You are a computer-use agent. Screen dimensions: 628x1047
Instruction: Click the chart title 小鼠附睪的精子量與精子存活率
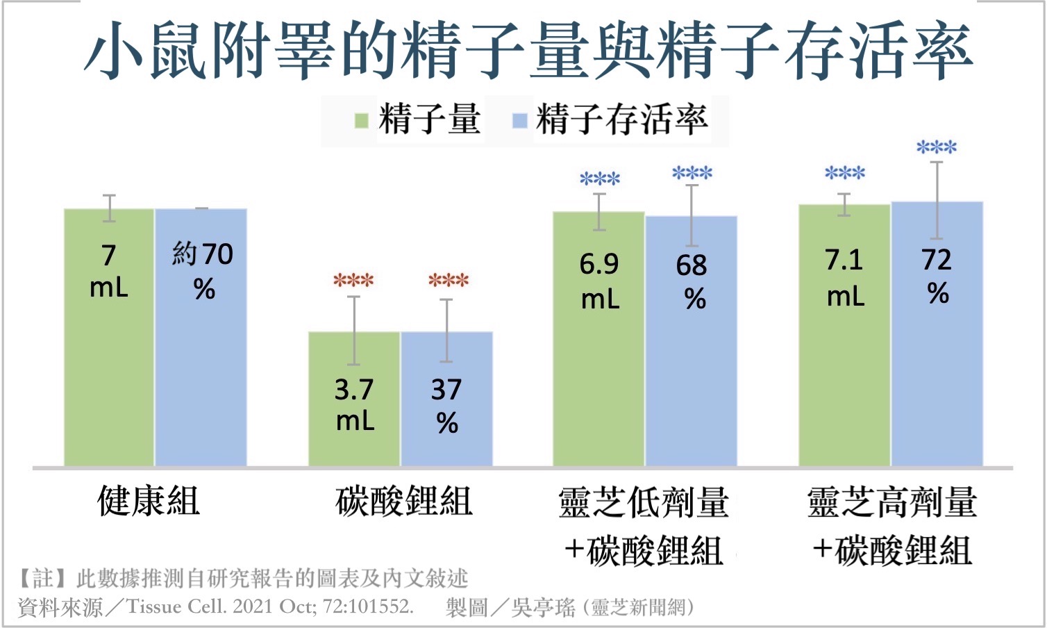[x=528, y=50]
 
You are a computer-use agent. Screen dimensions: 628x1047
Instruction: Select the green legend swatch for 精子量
[x=361, y=121]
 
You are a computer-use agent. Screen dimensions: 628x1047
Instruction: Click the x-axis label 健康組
[x=149, y=502]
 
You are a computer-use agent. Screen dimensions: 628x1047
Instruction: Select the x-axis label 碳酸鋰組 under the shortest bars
[x=403, y=502]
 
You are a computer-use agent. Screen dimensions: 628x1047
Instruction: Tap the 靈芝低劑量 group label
[x=644, y=503]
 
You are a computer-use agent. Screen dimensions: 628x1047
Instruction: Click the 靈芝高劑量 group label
[x=892, y=503]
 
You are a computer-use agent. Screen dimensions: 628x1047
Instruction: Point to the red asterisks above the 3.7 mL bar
[x=353, y=281]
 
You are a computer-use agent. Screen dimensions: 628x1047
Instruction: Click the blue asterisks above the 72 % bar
[x=937, y=147]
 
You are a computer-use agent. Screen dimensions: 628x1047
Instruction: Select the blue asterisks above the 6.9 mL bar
[x=600, y=179]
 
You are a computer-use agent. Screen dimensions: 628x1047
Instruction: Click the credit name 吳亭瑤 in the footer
[x=543, y=608]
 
